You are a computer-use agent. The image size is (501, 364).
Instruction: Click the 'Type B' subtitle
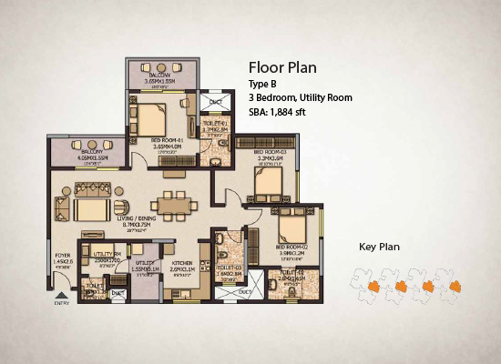point(263,85)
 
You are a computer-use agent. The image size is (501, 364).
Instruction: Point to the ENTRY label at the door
point(62,303)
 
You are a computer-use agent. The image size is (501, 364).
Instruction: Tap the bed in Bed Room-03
point(267,184)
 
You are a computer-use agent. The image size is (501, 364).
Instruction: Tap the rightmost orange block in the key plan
point(453,288)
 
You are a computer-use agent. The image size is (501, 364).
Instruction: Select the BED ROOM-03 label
point(271,151)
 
